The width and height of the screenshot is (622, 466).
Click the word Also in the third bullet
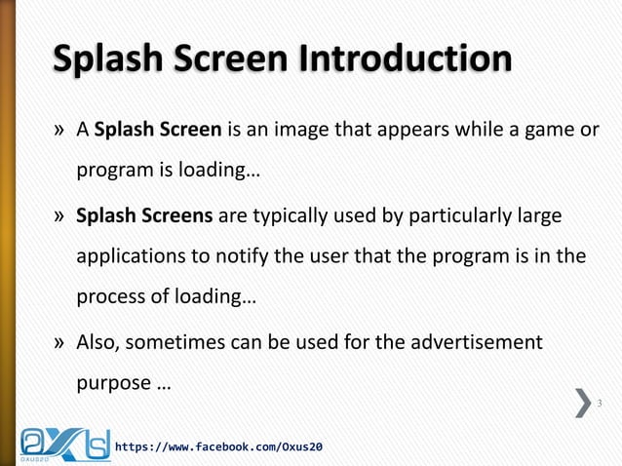point(98,343)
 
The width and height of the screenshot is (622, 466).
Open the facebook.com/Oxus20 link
point(219,447)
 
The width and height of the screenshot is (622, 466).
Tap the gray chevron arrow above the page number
point(583,402)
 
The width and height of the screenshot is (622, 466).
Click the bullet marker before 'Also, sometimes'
point(59,343)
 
